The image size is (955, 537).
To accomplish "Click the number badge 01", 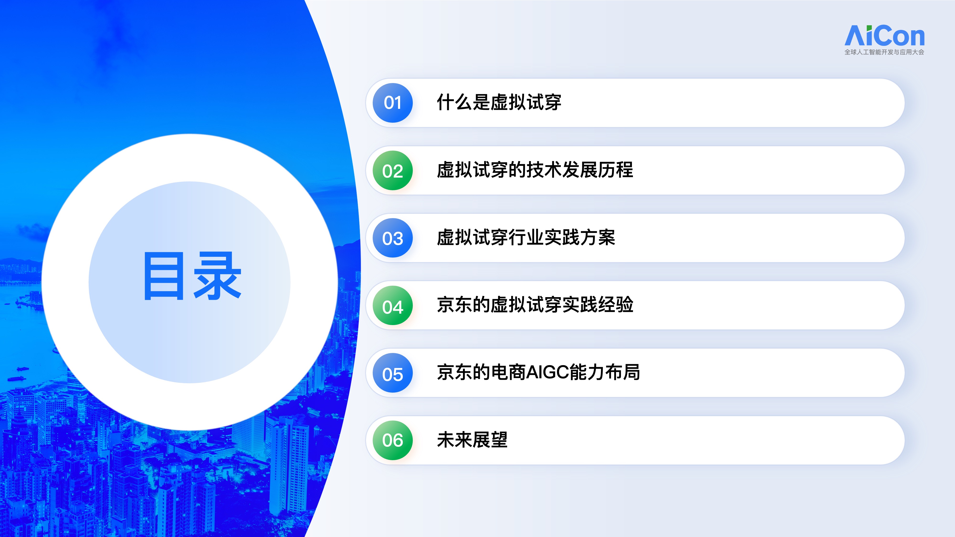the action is pyautogui.click(x=393, y=103).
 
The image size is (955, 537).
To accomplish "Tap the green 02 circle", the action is pyautogui.click(x=393, y=170).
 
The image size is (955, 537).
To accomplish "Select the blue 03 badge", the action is pyautogui.click(x=393, y=238).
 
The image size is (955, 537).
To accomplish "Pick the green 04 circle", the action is pyautogui.click(x=393, y=305).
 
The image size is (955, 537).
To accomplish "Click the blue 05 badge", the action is pyautogui.click(x=393, y=373).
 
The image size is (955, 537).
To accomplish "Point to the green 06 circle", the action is pyautogui.click(x=393, y=440).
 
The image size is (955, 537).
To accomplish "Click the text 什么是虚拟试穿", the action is pyautogui.click(x=499, y=102).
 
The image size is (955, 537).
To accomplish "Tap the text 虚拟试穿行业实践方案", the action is pyautogui.click(x=526, y=237).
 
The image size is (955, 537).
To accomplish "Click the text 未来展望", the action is pyautogui.click(x=472, y=440).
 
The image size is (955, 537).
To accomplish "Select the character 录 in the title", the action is pyautogui.click(x=218, y=276).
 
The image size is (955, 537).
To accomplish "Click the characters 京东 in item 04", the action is pyautogui.click(x=455, y=305).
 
